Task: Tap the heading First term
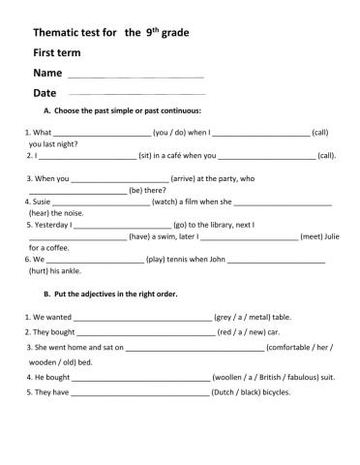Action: pyautogui.click(x=57, y=52)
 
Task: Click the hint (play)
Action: pyautogui.click(x=160, y=260)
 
